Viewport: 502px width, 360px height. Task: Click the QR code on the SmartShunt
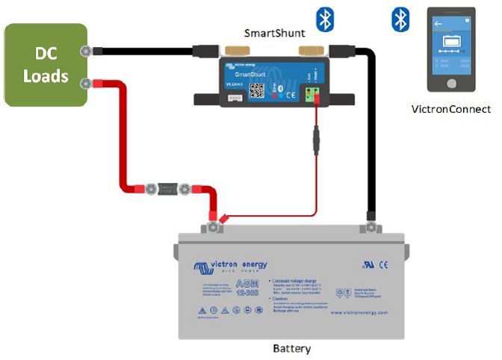coord(257,90)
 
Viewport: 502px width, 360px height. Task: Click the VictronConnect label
coord(451,109)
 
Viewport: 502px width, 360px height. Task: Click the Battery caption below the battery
coord(291,349)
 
